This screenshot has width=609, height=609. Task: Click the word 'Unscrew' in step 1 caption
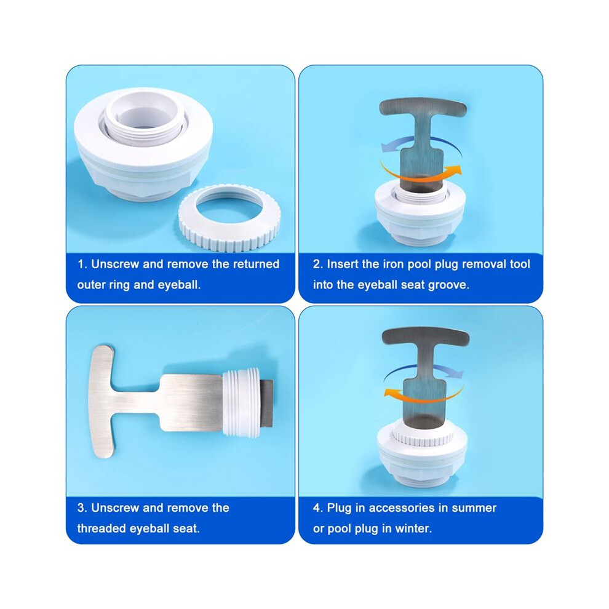click(115, 264)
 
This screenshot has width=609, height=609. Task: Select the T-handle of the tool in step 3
click(101, 401)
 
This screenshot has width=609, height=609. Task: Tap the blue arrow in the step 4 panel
click(424, 367)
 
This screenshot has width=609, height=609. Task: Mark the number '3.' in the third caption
click(82, 508)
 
